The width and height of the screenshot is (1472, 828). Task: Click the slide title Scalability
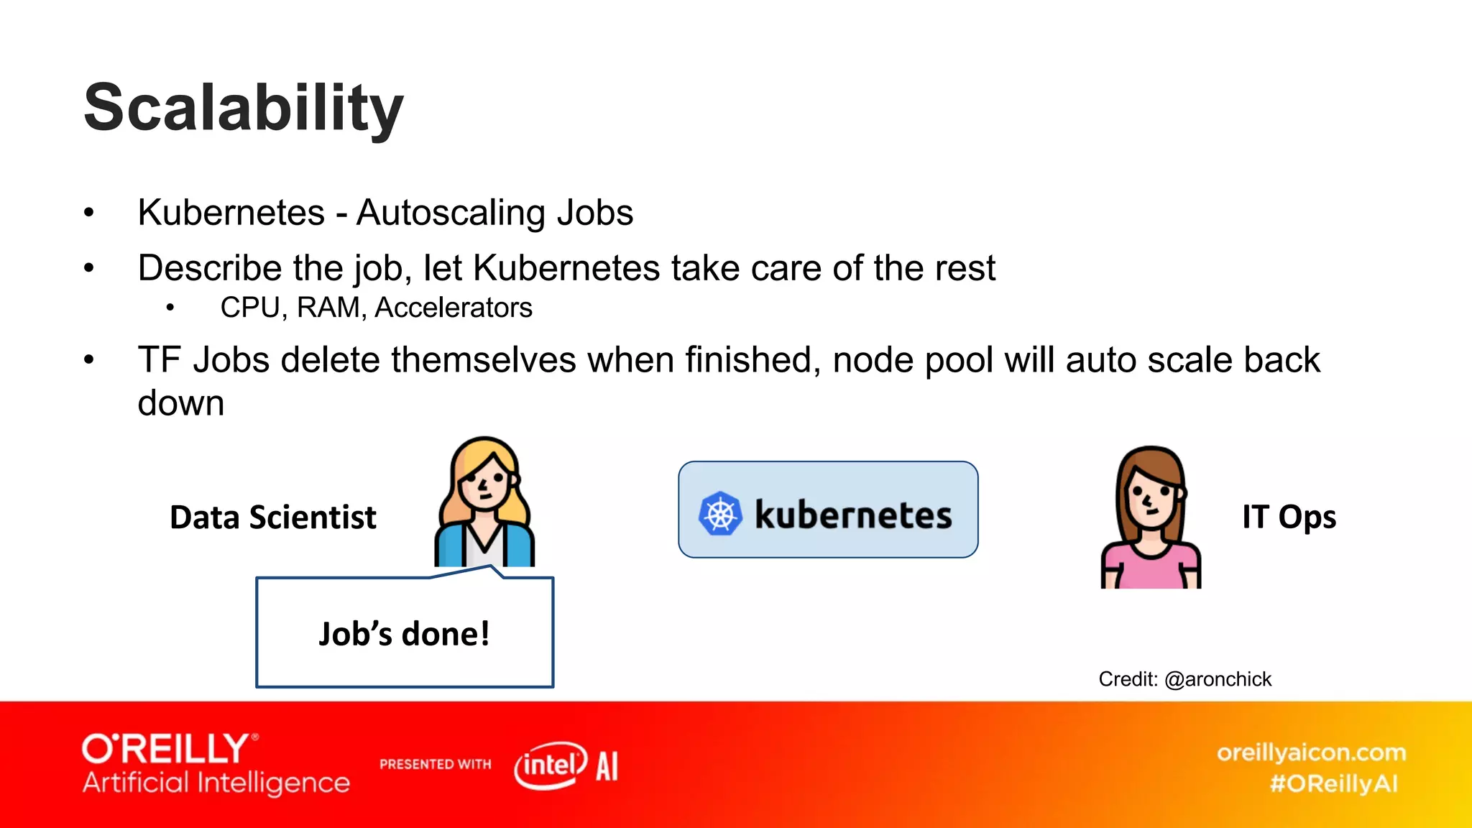[x=244, y=108]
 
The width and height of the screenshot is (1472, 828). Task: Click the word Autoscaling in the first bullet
[x=451, y=213]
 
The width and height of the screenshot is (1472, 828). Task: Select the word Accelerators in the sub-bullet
[x=454, y=308]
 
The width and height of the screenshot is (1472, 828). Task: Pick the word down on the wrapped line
[x=181, y=403]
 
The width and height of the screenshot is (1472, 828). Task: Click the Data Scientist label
[x=273, y=517]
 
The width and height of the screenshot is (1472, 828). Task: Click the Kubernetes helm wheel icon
[x=719, y=513]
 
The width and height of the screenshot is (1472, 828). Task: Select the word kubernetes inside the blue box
[x=853, y=515]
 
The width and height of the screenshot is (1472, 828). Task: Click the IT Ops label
[x=1289, y=517]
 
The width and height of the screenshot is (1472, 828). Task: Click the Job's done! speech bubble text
[x=404, y=634]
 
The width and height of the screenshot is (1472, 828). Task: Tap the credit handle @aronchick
[x=1218, y=679]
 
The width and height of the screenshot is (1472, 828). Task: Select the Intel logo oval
[x=551, y=765]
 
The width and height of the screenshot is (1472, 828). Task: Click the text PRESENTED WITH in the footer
[x=436, y=764]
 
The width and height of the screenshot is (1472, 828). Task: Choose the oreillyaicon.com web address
[x=1311, y=753]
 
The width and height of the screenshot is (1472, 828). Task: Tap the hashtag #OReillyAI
[x=1334, y=783]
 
